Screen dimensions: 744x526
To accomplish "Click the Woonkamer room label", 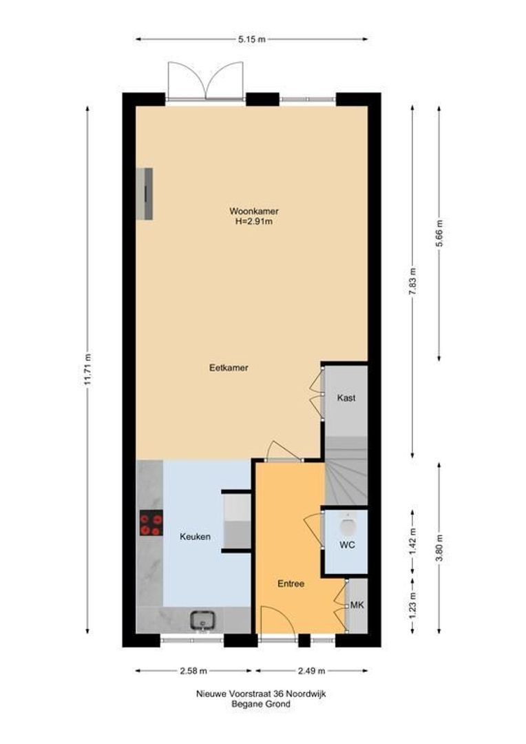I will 254,211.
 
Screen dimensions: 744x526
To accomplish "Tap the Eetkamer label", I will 229,368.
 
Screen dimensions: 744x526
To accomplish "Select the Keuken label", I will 195,537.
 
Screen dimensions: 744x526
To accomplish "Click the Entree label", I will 291,583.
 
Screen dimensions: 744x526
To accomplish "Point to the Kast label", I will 346,397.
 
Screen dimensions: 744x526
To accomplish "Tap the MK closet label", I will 357,605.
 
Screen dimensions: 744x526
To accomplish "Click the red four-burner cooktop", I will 151,522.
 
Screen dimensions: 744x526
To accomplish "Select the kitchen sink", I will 204,619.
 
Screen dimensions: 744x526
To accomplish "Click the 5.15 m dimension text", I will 251,39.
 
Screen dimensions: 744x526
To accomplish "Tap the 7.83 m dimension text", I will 412,280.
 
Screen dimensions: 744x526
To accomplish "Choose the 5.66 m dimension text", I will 439,231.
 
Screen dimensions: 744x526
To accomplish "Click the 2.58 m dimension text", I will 193,670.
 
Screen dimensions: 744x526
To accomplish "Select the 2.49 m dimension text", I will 311,670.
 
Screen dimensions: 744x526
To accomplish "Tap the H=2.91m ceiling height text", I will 254,221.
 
